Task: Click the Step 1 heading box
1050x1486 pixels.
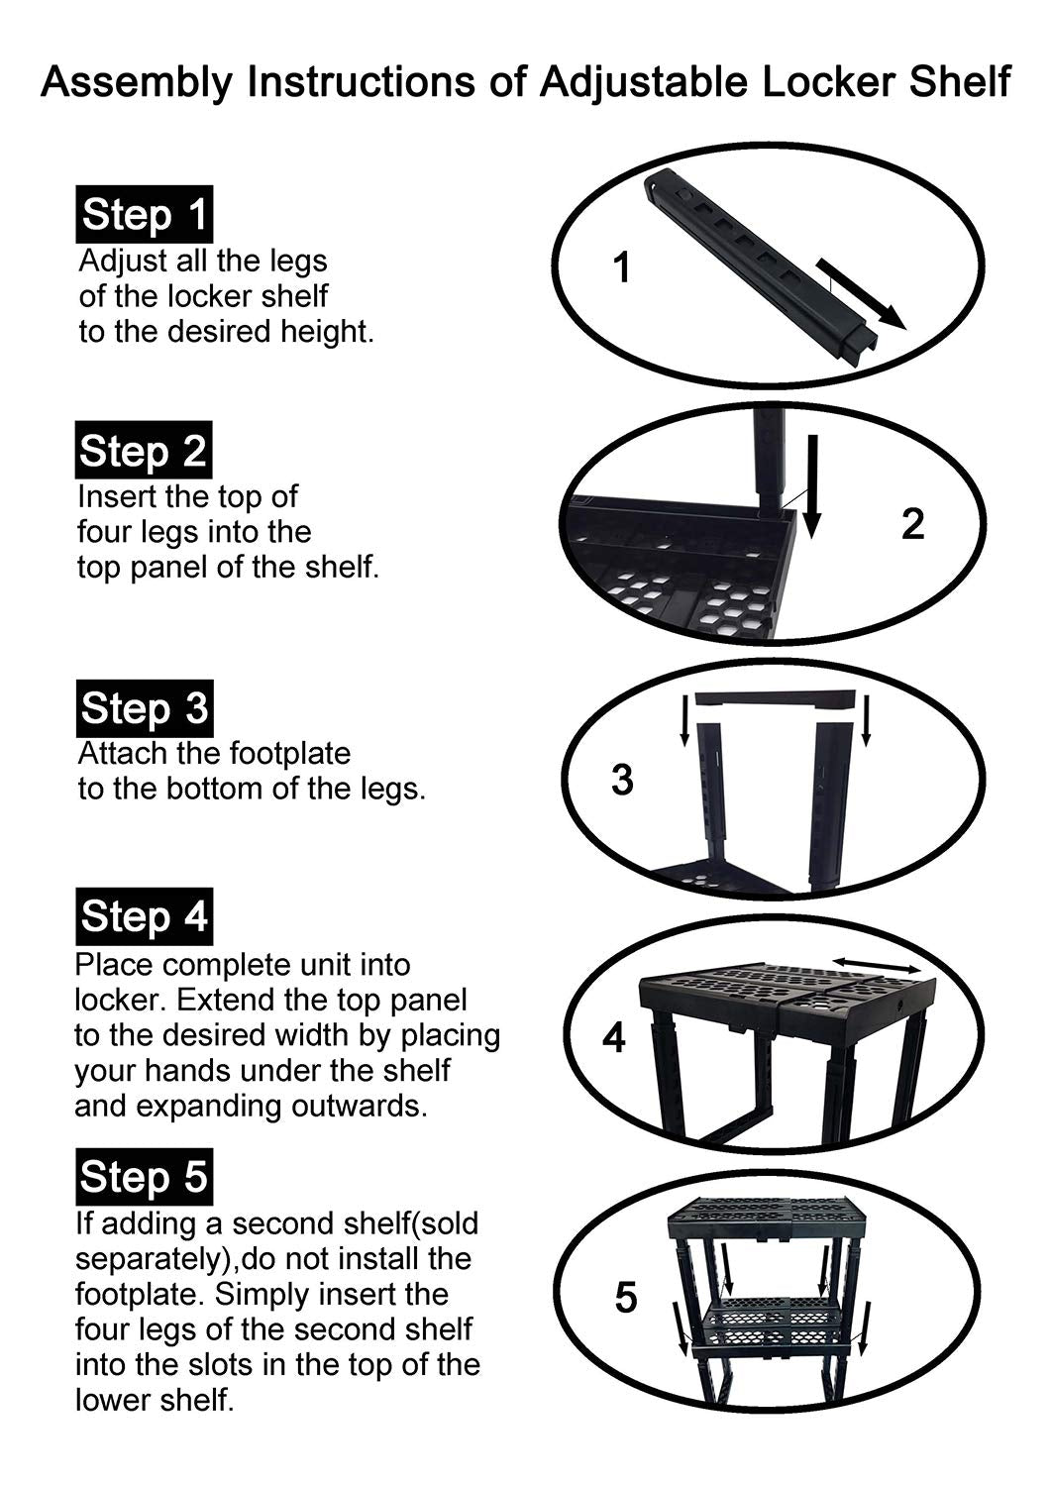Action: click(144, 214)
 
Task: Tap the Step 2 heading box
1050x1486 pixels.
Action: click(144, 450)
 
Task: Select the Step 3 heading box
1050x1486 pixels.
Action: click(145, 708)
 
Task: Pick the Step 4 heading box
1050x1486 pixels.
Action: click(144, 916)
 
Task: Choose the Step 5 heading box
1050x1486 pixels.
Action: click(144, 1176)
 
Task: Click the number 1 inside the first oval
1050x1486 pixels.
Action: click(621, 268)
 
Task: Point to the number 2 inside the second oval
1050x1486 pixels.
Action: click(912, 524)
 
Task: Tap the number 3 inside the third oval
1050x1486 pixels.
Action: click(622, 780)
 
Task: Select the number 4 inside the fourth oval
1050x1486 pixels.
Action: click(613, 1037)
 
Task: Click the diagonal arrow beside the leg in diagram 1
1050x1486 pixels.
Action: click(860, 294)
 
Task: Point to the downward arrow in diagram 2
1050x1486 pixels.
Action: click(812, 487)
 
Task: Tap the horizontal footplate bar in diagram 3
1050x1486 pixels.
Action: click(775, 699)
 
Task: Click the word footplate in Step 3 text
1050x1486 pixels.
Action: click(290, 754)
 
